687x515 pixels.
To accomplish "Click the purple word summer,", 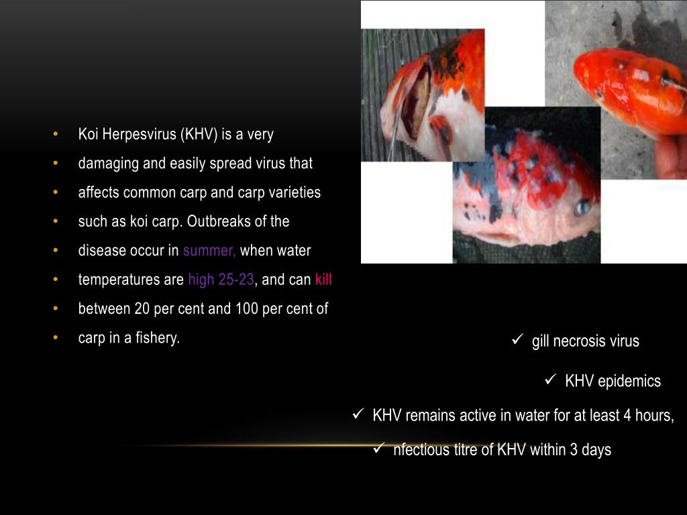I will point(209,251).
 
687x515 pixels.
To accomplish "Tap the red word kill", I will point(323,280).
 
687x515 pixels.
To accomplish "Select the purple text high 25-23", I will point(221,280).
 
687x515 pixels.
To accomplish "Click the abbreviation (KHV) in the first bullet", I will point(198,134).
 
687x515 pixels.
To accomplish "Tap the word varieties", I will point(294,192).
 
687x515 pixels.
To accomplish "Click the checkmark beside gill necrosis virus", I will point(517,340).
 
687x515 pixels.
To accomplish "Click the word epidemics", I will point(629,382).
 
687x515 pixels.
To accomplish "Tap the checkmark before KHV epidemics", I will point(551,380).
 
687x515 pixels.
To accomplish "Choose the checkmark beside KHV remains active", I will point(358,414).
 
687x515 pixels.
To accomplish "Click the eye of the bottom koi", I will point(581,207).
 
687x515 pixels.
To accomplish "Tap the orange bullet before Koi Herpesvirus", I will point(56,134).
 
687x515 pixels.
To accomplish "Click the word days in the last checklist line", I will point(596,450).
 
